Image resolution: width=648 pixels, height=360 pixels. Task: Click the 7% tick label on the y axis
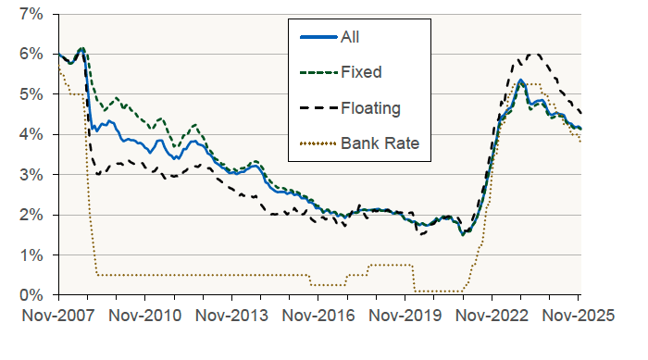click(x=31, y=15)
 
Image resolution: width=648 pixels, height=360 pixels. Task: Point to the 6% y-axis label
click(x=31, y=55)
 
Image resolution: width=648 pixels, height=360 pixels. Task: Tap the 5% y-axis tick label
click(x=31, y=94)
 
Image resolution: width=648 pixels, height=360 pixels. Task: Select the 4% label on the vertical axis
click(x=31, y=134)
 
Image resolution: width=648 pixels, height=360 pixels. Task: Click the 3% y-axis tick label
click(x=31, y=175)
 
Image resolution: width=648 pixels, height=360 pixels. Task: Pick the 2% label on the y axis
click(x=31, y=215)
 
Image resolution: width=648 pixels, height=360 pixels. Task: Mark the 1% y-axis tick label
click(x=31, y=254)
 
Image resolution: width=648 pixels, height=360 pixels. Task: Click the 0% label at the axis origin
click(x=31, y=294)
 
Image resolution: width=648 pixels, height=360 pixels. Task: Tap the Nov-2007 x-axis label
click(x=57, y=316)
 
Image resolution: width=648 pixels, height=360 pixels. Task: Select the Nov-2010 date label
click(x=144, y=316)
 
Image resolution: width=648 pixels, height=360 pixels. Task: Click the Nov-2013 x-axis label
click(x=231, y=316)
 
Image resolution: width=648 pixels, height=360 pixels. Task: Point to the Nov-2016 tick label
click(x=318, y=316)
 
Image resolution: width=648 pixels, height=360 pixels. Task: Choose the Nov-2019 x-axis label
click(x=405, y=316)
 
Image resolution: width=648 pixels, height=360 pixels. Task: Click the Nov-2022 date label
click(x=492, y=316)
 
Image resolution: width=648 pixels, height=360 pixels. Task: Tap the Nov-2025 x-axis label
click(x=577, y=316)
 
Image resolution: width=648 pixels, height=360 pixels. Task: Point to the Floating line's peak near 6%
click(x=531, y=55)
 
